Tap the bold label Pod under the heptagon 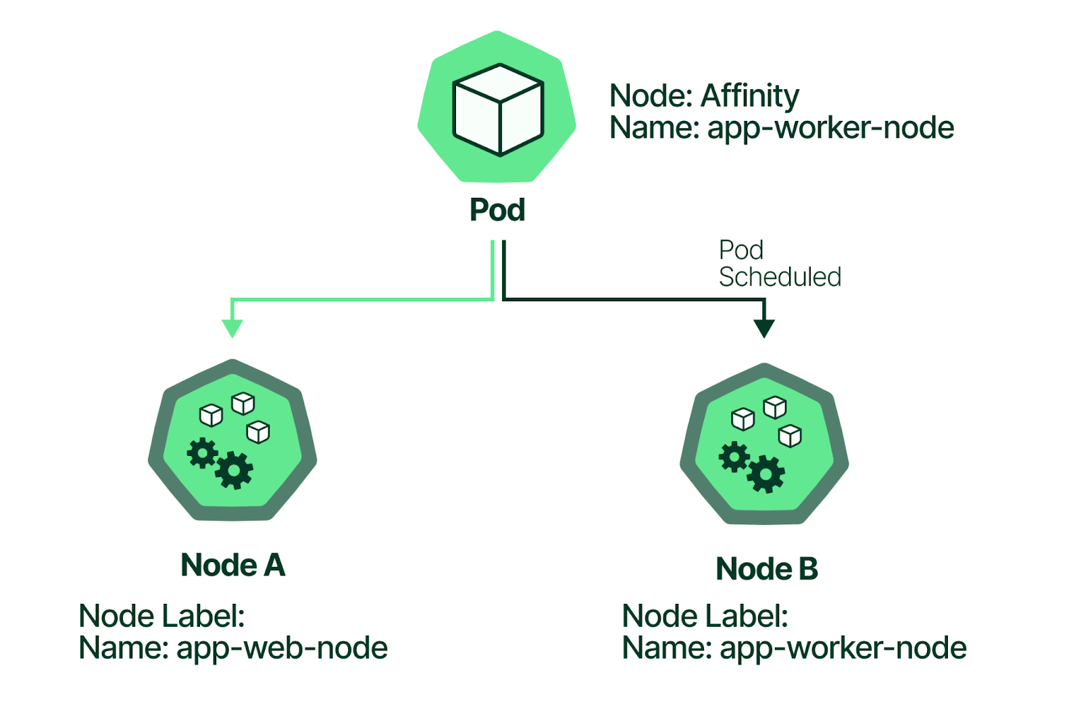pos(497,210)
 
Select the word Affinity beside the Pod pos(750,96)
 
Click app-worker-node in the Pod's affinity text pos(830,128)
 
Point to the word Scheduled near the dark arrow pos(780,277)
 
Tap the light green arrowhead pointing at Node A pos(232,328)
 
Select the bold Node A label pos(233,565)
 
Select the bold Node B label pos(767,569)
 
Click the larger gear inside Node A pos(234,469)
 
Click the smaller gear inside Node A pos(202,453)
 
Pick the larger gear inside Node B pos(765,474)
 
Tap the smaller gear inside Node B pos(734,457)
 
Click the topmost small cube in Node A pos(243,403)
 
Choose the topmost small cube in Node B pos(774,407)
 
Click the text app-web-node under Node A pos(282,648)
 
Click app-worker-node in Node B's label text pos(843,648)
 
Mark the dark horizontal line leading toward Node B pos(635,299)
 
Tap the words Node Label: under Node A pos(161,616)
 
